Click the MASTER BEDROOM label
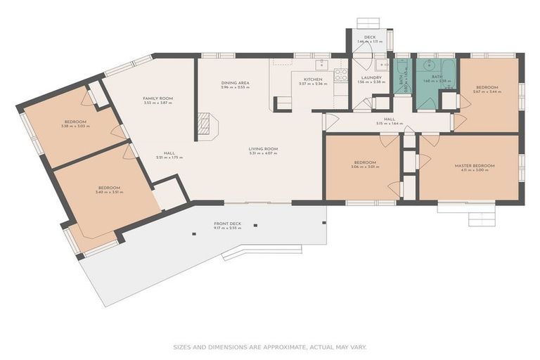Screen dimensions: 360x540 tap(475, 165)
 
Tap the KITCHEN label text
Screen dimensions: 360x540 tap(312, 79)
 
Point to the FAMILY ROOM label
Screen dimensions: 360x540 tap(157, 98)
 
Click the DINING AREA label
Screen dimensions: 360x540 tap(235, 82)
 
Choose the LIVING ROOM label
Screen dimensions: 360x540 tap(263, 148)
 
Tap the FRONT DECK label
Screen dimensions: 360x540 tap(227, 224)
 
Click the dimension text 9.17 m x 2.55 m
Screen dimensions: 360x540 tap(227, 229)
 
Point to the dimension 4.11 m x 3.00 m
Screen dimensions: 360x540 tap(475, 170)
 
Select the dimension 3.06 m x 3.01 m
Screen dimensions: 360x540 tap(365, 167)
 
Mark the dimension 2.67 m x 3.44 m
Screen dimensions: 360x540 tap(487, 92)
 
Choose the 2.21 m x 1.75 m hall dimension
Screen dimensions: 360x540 tap(169, 157)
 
